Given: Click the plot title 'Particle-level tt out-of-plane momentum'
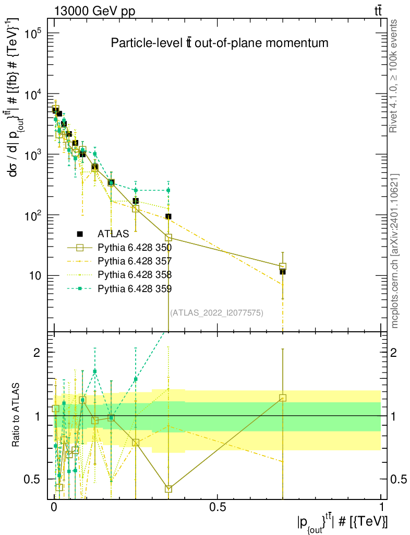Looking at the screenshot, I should pyautogui.click(x=220, y=43).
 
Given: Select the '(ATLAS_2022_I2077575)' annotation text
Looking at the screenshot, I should pyautogui.click(x=216, y=313).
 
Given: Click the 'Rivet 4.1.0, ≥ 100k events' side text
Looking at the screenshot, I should pyautogui.click(x=395, y=76).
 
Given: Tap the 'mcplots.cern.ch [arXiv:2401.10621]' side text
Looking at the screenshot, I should pyautogui.click(x=395, y=251).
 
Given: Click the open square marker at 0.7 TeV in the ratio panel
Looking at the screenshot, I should pyautogui.click(x=283, y=398).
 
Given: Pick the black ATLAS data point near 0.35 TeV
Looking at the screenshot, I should pyautogui.click(x=168, y=216).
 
